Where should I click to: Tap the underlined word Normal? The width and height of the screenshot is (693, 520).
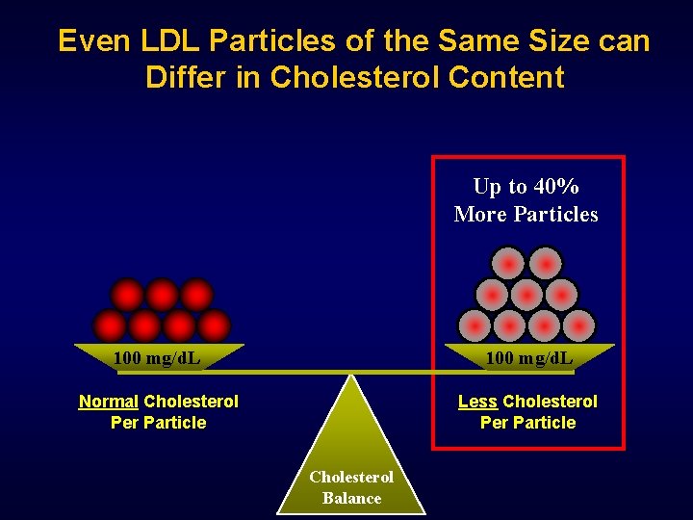[x=108, y=401]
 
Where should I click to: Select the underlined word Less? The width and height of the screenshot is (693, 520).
[x=477, y=401]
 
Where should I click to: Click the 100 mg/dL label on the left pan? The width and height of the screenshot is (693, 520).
[x=157, y=359]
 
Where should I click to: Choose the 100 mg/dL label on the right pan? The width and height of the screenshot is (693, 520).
[x=529, y=359]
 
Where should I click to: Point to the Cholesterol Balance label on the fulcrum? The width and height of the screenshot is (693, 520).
[x=351, y=487]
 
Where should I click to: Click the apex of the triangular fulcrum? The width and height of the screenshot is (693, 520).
[x=351, y=376]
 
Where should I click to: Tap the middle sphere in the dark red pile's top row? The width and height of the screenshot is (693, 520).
[x=162, y=294]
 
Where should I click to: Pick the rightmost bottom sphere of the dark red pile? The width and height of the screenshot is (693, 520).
[x=214, y=325]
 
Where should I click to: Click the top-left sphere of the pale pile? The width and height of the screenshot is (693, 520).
[x=509, y=262]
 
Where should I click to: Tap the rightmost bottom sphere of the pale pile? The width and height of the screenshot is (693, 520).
[x=578, y=325]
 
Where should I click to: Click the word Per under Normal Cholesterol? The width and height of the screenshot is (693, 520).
[x=125, y=422]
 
